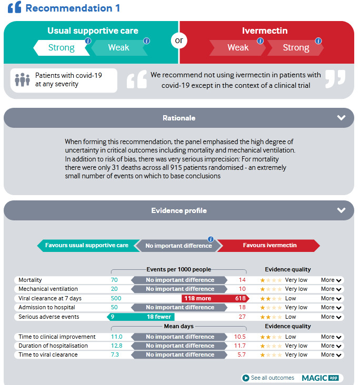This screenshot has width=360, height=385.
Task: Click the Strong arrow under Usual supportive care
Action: click(x=61, y=48)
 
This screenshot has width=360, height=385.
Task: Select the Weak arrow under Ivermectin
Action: click(x=238, y=48)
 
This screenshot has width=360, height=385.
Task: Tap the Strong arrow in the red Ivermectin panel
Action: click(x=296, y=48)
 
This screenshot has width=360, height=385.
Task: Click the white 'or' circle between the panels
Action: click(x=179, y=41)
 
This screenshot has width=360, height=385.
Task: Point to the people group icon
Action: click(x=22, y=80)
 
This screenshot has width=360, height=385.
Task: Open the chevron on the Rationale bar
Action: click(x=342, y=118)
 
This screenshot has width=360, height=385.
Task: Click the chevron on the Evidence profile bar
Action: click(x=342, y=210)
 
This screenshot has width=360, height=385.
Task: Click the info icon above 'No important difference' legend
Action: click(x=211, y=239)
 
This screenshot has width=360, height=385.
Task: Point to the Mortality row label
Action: click(x=30, y=280)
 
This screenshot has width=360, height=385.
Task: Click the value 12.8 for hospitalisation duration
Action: click(x=117, y=346)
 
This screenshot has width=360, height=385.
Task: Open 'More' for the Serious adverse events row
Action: click(x=332, y=317)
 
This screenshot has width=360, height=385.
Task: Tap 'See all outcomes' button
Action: click(x=268, y=378)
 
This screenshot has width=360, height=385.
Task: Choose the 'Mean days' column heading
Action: click(x=179, y=326)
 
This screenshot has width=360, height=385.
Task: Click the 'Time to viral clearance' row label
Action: click(x=48, y=354)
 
